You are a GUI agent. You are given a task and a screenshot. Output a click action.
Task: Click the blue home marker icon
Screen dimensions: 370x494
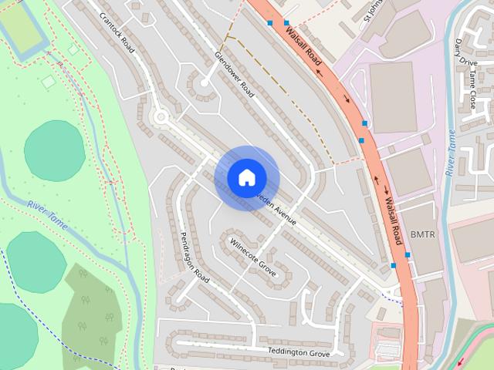click(246, 177)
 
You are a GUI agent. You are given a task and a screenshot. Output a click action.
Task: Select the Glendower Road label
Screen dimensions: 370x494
click(235, 74)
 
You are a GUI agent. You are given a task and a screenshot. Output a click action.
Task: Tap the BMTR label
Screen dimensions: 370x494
click(423, 234)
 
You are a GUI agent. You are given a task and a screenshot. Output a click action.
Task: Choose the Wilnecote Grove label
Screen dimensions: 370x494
click(252, 258)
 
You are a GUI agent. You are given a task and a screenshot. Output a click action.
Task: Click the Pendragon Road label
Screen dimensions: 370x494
click(194, 257)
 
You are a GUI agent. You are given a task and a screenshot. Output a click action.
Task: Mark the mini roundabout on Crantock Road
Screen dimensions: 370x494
click(161, 117)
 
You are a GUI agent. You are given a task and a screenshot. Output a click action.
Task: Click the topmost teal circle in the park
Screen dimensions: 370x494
click(54, 150)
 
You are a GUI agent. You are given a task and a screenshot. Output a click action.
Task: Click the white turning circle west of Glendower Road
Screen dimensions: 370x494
click(205, 82)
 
